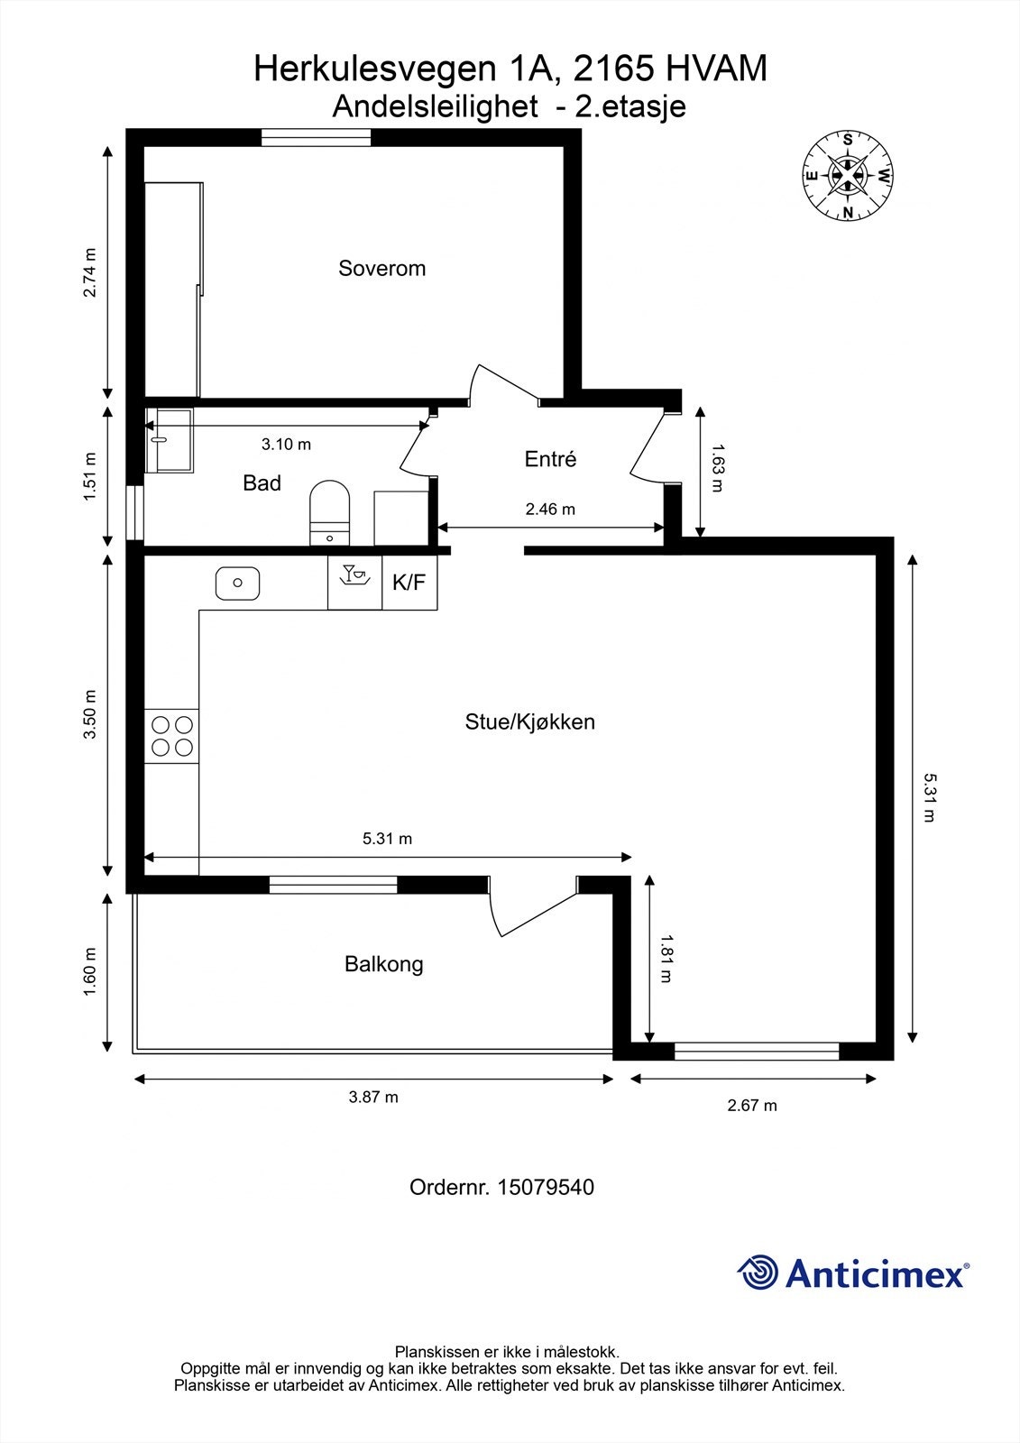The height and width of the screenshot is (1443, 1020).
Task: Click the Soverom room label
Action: pos(381,268)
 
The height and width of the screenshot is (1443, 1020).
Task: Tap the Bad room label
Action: pos(262,483)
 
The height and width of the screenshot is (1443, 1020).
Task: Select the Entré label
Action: pos(550,459)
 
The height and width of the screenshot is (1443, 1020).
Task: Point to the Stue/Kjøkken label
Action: pos(529,721)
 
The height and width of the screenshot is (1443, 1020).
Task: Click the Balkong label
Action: pos(383,964)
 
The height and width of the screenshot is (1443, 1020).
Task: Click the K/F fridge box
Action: pos(409,583)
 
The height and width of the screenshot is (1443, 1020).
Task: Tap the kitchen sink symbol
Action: pos(238,583)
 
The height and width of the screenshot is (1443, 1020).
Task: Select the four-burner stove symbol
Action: pos(171,735)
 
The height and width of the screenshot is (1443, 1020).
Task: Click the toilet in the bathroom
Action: pos(329,511)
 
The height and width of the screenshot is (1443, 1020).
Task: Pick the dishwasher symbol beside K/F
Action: pos(354,583)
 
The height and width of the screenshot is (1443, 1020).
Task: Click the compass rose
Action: pos(848,175)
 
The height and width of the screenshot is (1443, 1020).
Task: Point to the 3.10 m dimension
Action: pos(286,444)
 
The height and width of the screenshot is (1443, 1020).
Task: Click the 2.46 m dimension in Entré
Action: pos(550,509)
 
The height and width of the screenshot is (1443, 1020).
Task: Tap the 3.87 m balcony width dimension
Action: pos(373,1097)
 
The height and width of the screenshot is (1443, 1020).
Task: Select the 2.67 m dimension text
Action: pos(752,1105)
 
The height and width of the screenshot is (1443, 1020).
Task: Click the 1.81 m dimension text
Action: pos(666,959)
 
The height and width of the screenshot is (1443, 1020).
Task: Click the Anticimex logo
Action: pos(853,1273)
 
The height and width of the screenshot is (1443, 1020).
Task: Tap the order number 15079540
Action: pos(501,1187)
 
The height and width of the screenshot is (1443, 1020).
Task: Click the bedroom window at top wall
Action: pos(316,137)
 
